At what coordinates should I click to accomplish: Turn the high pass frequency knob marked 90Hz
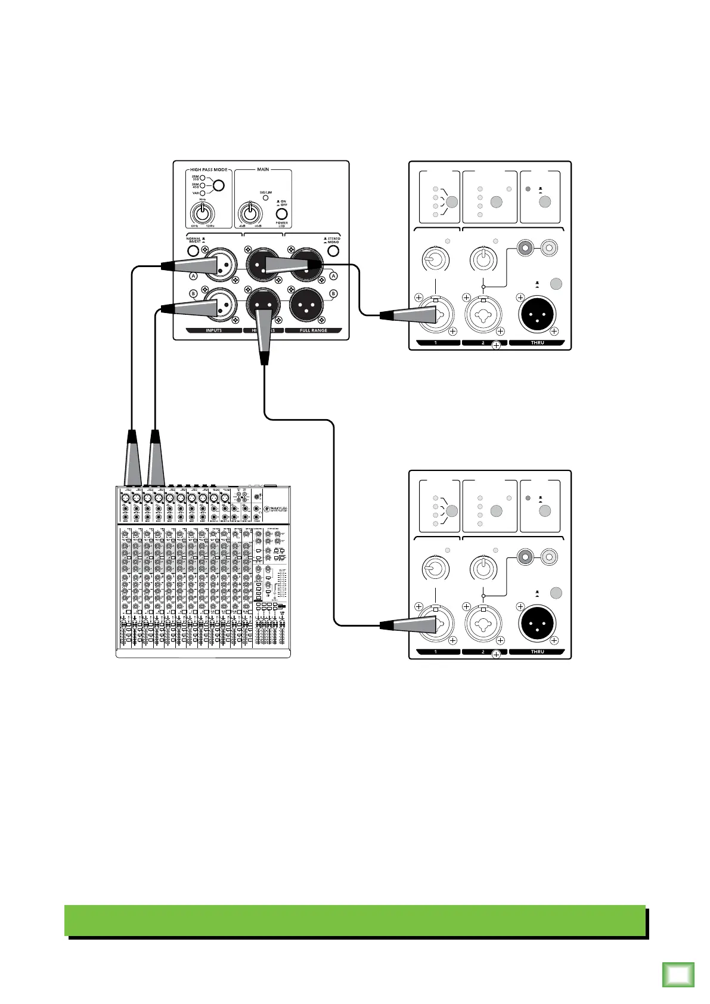click(203, 212)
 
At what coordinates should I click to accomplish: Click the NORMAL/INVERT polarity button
click(193, 251)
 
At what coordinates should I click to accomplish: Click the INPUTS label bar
click(213, 330)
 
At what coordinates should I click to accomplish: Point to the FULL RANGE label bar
click(314, 330)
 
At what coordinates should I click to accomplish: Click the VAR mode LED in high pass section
click(203, 193)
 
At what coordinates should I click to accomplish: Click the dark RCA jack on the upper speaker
click(525, 246)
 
